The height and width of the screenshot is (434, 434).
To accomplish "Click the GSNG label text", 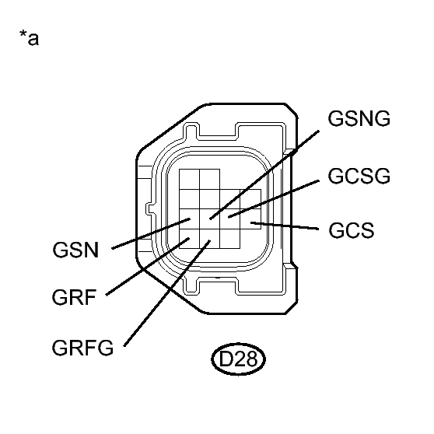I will click(359, 120).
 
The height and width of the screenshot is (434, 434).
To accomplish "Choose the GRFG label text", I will click(83, 347).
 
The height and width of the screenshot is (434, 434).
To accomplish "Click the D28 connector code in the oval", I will click(238, 359).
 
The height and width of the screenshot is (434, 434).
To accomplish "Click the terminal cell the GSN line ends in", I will click(189, 222).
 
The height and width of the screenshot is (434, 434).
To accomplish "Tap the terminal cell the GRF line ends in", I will click(189, 240).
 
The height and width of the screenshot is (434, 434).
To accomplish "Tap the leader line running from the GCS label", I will click(288, 226).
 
